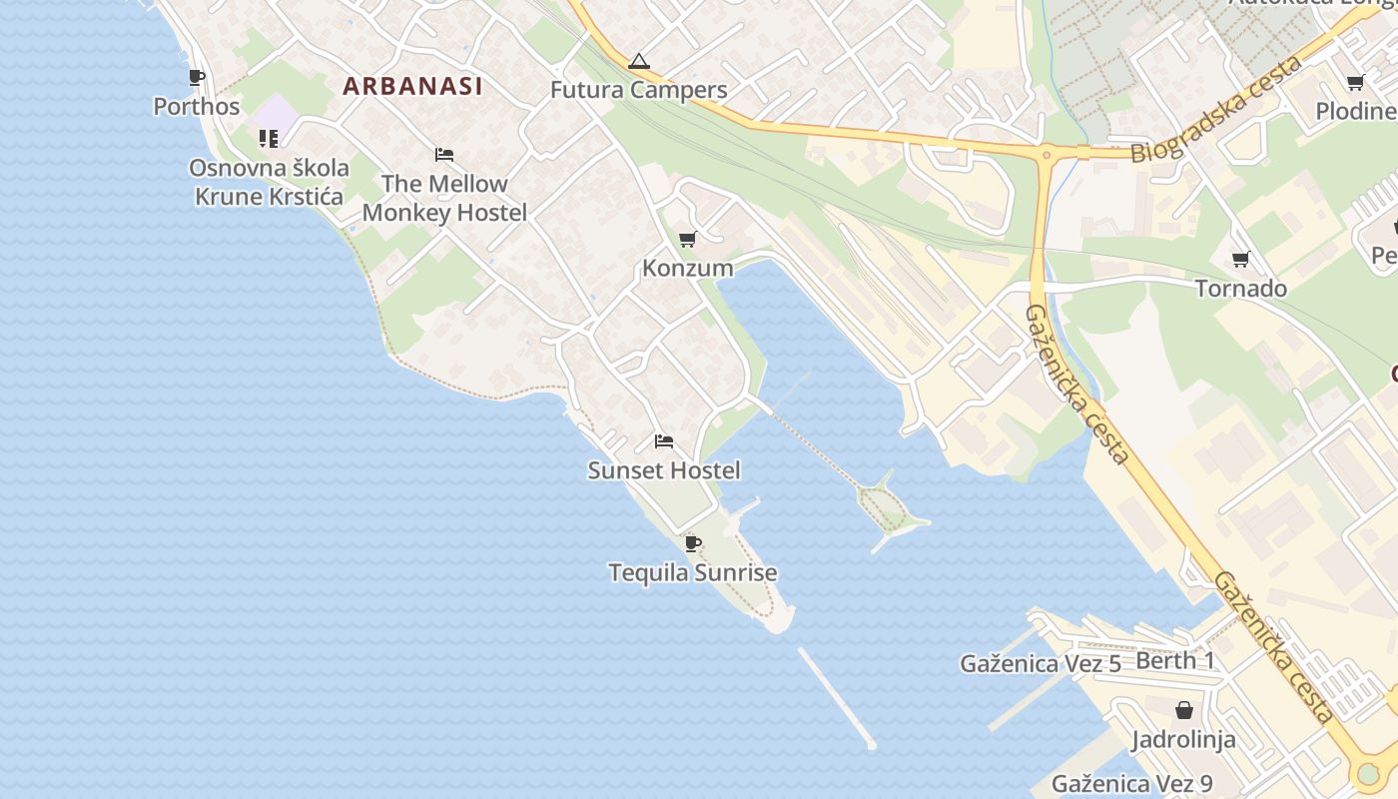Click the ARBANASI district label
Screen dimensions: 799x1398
[x=412, y=86]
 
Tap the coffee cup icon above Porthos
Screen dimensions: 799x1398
[x=197, y=78]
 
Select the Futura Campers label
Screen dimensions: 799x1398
[x=638, y=90]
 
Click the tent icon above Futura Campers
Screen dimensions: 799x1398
[x=638, y=62]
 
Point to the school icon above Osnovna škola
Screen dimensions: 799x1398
[x=269, y=139]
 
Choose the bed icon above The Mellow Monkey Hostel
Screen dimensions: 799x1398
[x=444, y=155]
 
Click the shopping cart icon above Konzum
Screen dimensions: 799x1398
[x=687, y=240]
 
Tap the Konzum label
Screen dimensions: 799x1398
[x=687, y=268]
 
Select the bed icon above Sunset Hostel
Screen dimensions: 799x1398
[x=664, y=441]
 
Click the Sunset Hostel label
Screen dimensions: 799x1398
[x=664, y=470]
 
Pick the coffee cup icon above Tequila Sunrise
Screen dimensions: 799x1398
[x=692, y=544]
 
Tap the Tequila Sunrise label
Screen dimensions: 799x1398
[x=692, y=572]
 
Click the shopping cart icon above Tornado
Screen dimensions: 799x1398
[x=1241, y=260]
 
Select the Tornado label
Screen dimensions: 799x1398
[x=1241, y=289]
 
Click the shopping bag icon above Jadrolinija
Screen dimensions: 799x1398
[x=1183, y=710]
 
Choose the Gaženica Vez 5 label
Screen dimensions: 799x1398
[x=1041, y=663]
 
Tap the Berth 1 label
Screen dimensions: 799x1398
[x=1175, y=660]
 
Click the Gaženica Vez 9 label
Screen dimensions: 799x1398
[x=1132, y=784]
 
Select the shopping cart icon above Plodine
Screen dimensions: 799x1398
[x=1355, y=83]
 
